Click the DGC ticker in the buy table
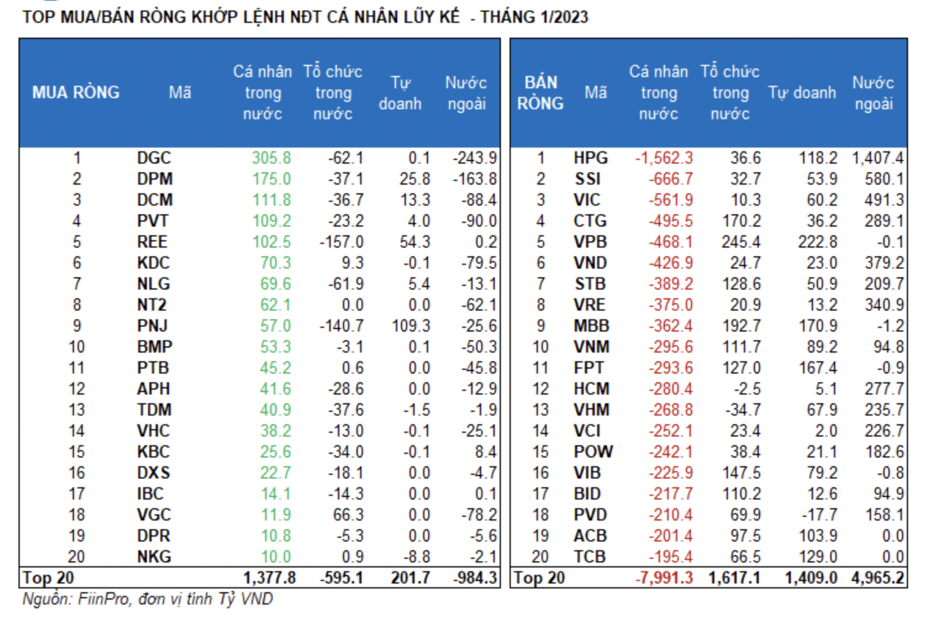pyautogui.click(x=154, y=158)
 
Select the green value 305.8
pyautogui.click(x=271, y=158)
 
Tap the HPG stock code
pyautogui.click(x=590, y=158)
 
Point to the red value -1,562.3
pyautogui.click(x=664, y=158)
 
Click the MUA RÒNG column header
pyautogui.click(x=76, y=93)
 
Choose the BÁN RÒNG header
pyautogui.click(x=540, y=93)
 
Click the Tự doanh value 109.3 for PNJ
pyautogui.click(x=410, y=326)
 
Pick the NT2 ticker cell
pyautogui.click(x=152, y=305)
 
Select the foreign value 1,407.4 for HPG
pyautogui.click(x=877, y=158)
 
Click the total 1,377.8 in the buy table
pyautogui.click(x=269, y=578)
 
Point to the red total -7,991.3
pyautogui.click(x=664, y=578)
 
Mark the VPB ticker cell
pyautogui.click(x=590, y=242)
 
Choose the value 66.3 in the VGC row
pyautogui.click(x=349, y=515)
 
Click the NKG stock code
pyautogui.click(x=154, y=557)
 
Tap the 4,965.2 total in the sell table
pyautogui.click(x=877, y=578)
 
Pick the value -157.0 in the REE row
pyautogui.click(x=341, y=242)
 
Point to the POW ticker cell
pyautogui.click(x=593, y=452)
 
